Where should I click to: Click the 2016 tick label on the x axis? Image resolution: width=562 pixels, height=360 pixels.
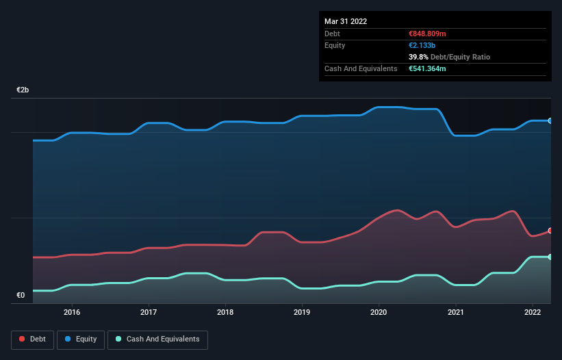(72, 312)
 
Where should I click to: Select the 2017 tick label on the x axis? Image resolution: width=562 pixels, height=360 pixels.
(149, 312)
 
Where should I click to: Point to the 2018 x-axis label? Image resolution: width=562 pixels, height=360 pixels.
(225, 312)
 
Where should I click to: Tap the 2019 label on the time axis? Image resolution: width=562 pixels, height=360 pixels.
(302, 312)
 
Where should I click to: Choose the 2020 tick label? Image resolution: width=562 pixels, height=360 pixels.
(379, 312)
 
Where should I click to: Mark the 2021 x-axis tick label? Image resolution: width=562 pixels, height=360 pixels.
(455, 312)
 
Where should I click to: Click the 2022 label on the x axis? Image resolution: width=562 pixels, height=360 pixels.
(532, 312)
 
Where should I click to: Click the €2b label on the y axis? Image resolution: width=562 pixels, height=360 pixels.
(23, 90)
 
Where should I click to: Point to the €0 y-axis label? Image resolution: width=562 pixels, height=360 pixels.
(21, 296)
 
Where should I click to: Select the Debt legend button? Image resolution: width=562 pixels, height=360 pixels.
(32, 339)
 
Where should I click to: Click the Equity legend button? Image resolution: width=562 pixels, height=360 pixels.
(81, 339)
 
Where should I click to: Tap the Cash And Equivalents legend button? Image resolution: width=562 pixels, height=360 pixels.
(157, 339)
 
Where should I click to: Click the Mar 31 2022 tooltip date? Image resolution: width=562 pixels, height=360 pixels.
(346, 21)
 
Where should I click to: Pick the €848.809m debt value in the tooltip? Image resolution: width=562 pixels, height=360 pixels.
(427, 34)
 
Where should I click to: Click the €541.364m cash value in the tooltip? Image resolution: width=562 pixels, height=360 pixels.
(427, 68)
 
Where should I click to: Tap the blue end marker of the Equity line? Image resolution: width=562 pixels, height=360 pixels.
(550, 120)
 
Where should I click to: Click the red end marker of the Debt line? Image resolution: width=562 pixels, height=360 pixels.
(550, 231)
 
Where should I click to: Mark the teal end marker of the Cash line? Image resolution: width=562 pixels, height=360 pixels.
(550, 257)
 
